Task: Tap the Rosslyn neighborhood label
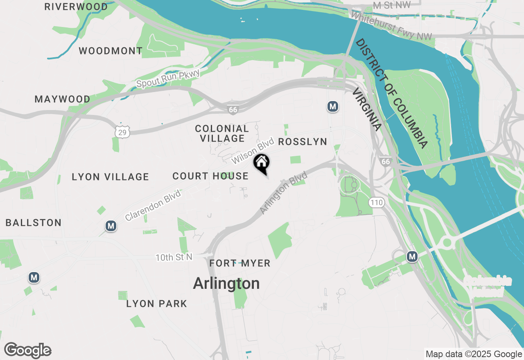click(x=303, y=142)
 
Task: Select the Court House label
click(x=210, y=176)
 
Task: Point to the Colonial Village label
click(x=222, y=134)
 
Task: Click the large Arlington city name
click(x=226, y=283)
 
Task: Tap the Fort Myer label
click(x=240, y=263)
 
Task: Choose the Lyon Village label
click(x=110, y=177)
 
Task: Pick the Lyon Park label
click(x=156, y=304)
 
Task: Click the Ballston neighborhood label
click(x=34, y=223)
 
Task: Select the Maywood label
click(x=63, y=99)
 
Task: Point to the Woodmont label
click(x=111, y=51)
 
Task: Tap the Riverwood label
click(x=76, y=7)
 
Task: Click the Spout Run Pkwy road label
click(x=168, y=79)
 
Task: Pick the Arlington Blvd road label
click(x=284, y=193)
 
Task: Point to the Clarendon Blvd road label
click(x=153, y=205)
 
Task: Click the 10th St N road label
click(x=174, y=258)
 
